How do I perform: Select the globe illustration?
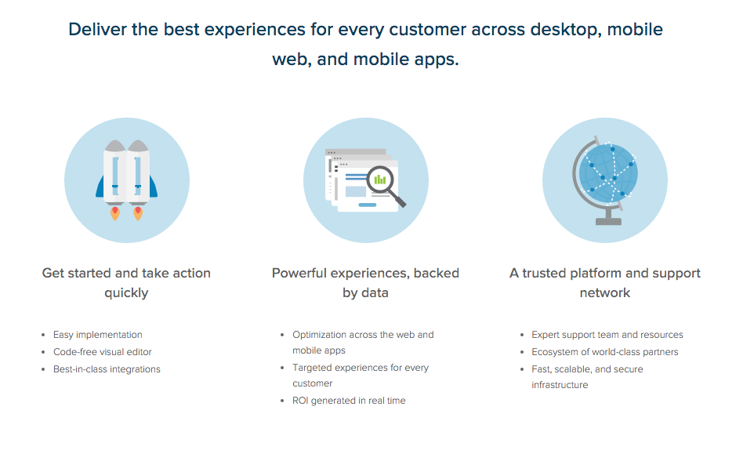[605, 180]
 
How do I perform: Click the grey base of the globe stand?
[608, 222]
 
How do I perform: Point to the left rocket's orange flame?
[115, 213]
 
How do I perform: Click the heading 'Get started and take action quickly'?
[126, 283]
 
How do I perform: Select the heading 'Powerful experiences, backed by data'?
[365, 283]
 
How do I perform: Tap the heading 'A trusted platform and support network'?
[605, 283]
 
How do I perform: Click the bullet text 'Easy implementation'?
[98, 335]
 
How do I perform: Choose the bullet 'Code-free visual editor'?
[103, 352]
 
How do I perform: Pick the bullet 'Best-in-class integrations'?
[107, 369]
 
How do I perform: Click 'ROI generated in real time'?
[349, 401]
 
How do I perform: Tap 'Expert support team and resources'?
[607, 335]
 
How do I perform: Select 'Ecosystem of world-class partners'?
[605, 352]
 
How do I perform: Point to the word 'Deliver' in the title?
[98, 29]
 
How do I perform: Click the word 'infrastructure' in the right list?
[560, 385]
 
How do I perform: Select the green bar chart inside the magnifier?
[380, 180]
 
